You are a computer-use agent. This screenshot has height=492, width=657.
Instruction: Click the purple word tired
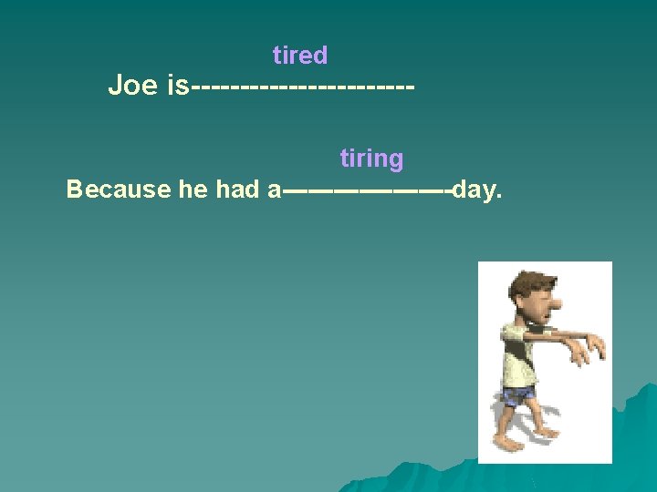pyautogui.click(x=299, y=56)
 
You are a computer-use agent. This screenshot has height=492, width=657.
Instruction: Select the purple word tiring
pyautogui.click(x=371, y=159)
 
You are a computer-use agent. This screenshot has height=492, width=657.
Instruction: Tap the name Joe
pyautogui.click(x=132, y=86)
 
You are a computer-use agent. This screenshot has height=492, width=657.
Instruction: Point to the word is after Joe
pyautogui.click(x=177, y=86)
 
